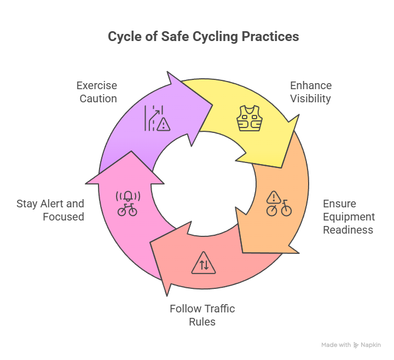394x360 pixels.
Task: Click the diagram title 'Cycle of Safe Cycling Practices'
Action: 203,37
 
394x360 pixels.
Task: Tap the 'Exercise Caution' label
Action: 97,92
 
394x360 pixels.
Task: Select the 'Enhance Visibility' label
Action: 311,92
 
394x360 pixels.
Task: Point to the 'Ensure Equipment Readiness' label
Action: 349,217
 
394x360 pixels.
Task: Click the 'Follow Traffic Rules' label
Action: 202,315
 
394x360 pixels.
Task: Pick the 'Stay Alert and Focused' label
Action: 50,210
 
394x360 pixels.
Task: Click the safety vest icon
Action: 250,118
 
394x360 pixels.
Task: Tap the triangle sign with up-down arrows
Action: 204,263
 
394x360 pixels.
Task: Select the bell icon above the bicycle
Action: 128,196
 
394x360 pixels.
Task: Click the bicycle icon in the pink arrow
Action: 128,210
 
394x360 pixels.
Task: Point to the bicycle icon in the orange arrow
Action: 279,208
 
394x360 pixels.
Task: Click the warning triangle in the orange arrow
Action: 274,197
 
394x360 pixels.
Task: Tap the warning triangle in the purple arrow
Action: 163,125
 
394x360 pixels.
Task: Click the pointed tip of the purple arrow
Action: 212,105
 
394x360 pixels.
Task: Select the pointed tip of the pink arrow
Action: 131,152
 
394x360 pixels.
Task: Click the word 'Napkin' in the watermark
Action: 370,345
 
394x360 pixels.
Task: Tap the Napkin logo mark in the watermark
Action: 356,345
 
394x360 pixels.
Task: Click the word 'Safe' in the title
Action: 175,37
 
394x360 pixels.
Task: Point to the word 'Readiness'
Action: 348,230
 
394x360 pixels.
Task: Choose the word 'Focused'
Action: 63,217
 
